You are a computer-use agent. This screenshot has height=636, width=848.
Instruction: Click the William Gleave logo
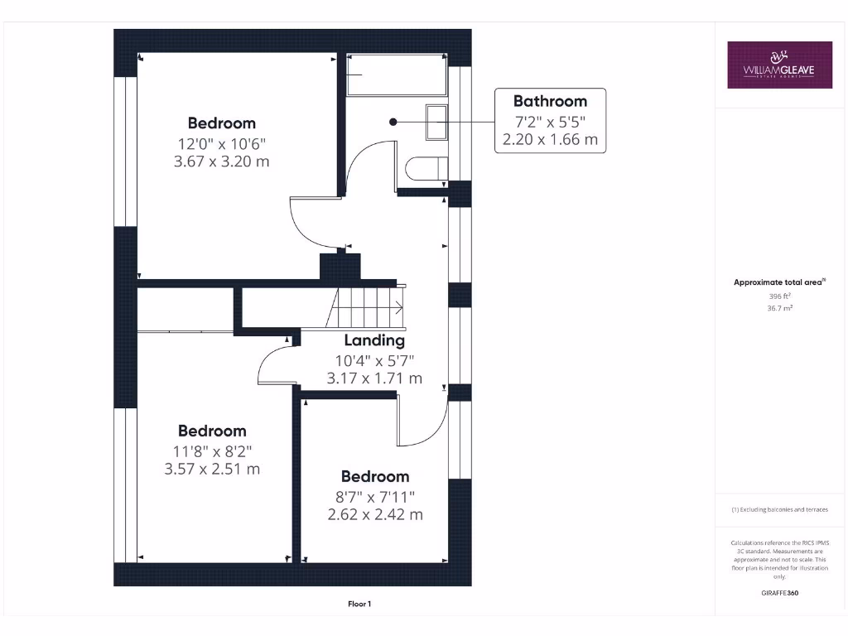click(779, 65)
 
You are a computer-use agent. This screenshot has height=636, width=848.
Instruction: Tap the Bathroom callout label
click(550, 101)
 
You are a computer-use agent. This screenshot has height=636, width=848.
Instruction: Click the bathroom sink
click(436, 123)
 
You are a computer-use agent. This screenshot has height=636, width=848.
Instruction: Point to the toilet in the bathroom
click(426, 169)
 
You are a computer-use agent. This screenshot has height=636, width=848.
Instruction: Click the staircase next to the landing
click(368, 307)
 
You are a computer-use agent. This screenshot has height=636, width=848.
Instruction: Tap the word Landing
click(374, 340)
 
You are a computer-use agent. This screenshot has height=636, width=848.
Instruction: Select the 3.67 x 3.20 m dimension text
click(221, 161)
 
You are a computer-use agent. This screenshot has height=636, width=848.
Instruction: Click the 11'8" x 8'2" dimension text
click(212, 450)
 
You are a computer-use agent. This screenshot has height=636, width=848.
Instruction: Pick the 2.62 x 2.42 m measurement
click(375, 514)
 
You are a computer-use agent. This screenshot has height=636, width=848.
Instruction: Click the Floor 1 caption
click(359, 605)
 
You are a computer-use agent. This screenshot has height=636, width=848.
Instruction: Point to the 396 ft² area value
click(779, 295)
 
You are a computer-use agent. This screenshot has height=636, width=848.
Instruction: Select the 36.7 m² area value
click(779, 307)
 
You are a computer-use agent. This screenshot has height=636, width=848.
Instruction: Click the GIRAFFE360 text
click(779, 593)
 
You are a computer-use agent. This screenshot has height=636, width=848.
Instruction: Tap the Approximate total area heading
click(778, 282)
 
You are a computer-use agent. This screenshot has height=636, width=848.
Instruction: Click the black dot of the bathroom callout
click(393, 122)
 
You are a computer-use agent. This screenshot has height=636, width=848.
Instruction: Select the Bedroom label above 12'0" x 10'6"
click(221, 123)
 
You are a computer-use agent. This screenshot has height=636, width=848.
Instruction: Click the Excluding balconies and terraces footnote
click(779, 509)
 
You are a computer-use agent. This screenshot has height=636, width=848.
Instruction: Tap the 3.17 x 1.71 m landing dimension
click(374, 378)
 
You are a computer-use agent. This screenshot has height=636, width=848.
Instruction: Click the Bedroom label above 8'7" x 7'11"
click(375, 476)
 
